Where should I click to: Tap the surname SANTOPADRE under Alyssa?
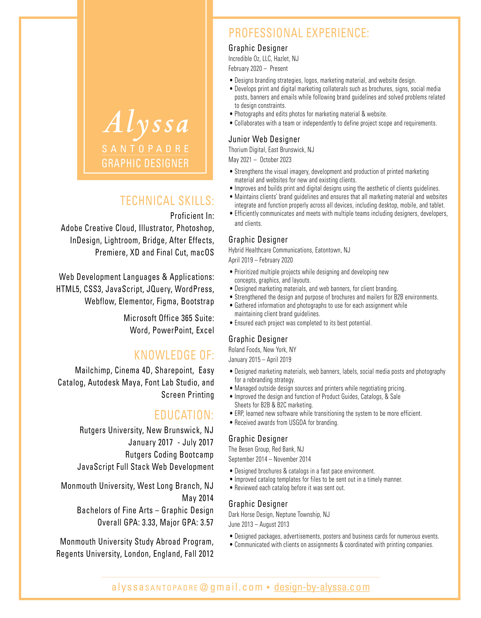pos(145,149)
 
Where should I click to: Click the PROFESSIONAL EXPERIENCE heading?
pos(299,33)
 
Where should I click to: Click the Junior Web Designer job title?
pos(264,139)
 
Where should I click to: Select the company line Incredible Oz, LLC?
pos(263,59)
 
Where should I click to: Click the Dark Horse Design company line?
pos(279,514)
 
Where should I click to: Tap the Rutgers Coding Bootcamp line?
pos(169,455)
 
